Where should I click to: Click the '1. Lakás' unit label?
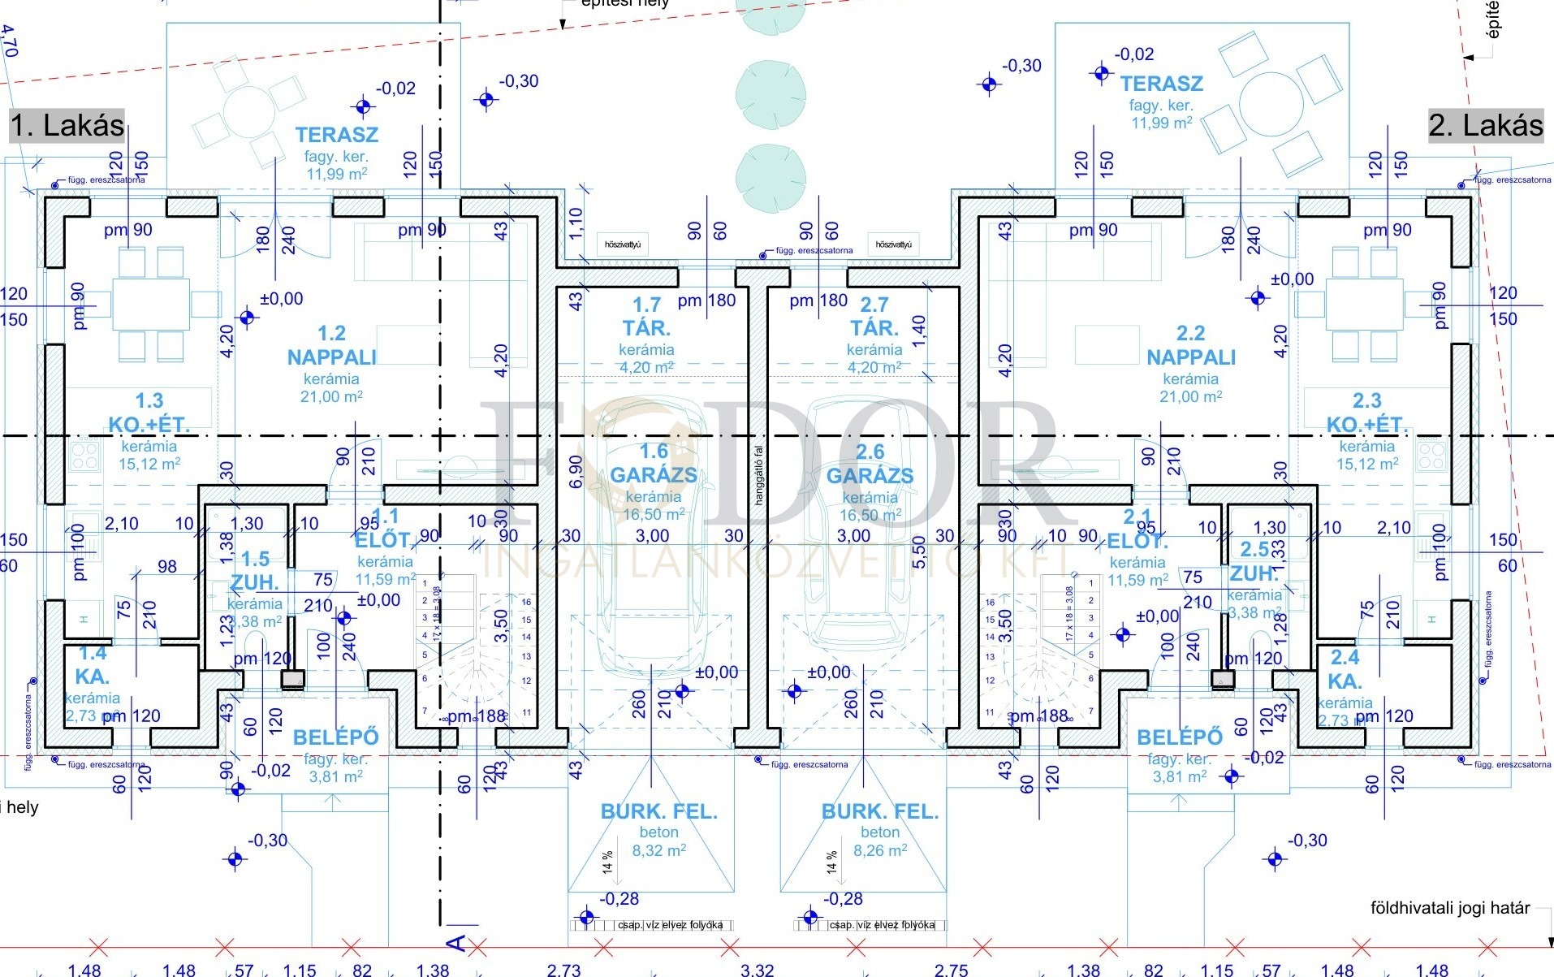click(67, 126)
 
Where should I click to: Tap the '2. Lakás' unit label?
click(1485, 126)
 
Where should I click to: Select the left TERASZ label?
click(337, 135)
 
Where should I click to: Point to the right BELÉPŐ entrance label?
click(1179, 737)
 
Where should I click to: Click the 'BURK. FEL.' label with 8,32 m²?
click(658, 811)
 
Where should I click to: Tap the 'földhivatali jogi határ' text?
click(1449, 908)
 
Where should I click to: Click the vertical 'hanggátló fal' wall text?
click(759, 475)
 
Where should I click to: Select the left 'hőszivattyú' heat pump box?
click(623, 244)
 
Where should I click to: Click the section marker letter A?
click(456, 943)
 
